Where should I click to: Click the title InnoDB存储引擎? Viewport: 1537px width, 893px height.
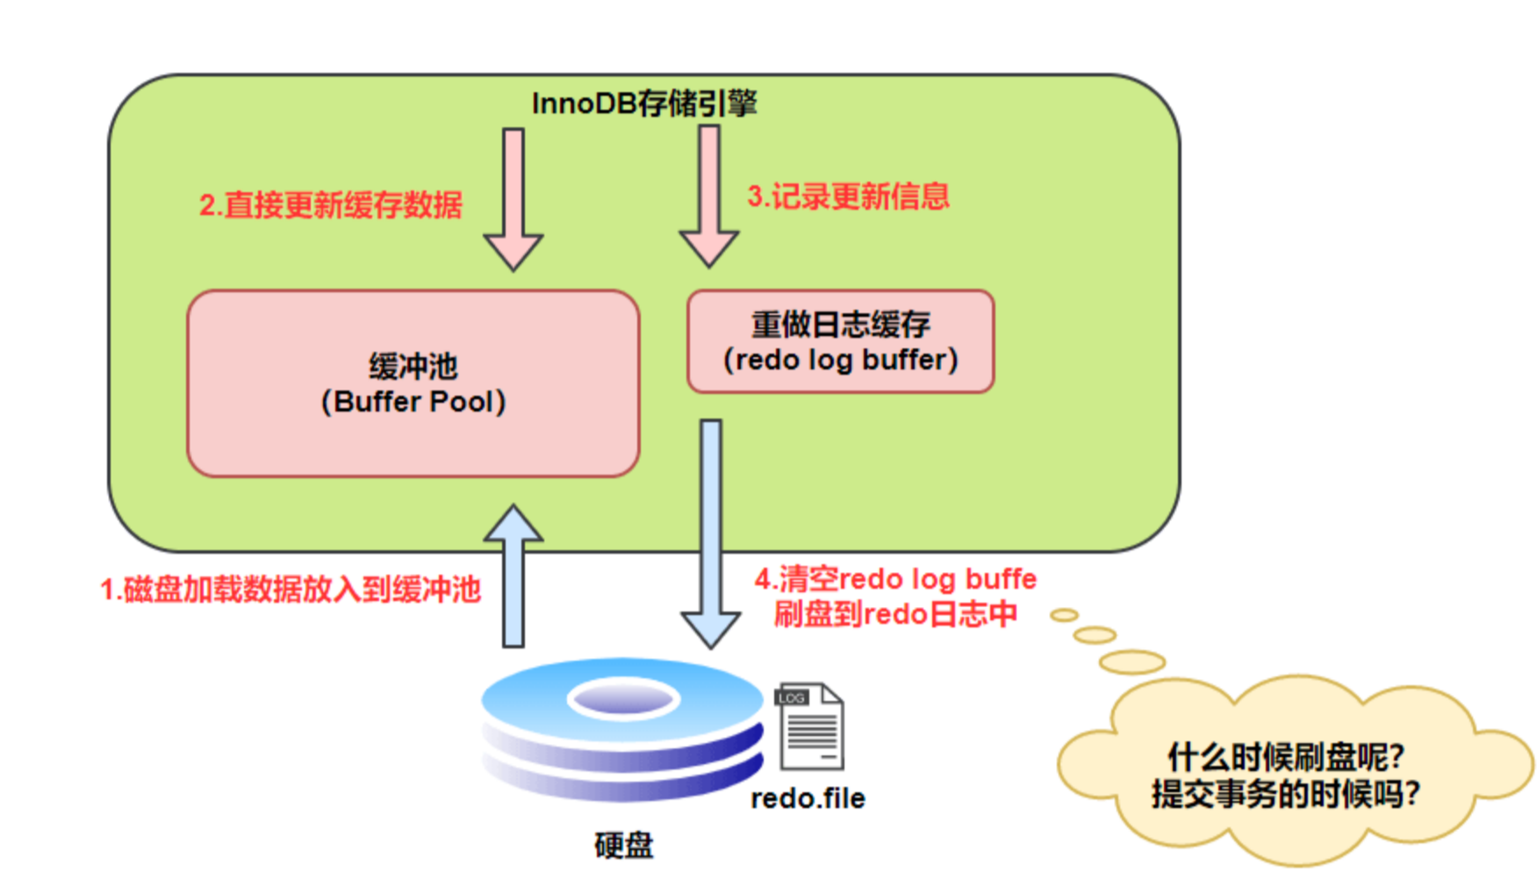point(644,104)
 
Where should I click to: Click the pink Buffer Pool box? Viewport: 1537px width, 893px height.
point(413,383)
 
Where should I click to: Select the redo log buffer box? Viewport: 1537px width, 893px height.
point(840,341)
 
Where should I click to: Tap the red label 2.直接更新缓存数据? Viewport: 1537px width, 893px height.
point(331,205)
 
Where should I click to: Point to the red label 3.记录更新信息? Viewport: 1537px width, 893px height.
point(848,196)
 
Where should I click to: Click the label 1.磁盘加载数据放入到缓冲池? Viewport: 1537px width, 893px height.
point(291,589)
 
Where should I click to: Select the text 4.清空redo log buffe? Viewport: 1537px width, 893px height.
point(895,579)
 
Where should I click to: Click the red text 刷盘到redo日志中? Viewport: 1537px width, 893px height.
point(895,614)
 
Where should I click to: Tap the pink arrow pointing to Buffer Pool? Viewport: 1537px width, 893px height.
point(514,200)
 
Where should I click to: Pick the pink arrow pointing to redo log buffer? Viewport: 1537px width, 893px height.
point(709,196)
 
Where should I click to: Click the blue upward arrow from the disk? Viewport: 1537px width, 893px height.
point(514,575)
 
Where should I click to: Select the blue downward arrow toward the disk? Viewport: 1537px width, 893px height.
point(711,534)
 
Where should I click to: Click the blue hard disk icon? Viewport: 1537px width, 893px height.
point(622,730)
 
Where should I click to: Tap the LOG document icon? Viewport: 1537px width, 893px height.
point(809,726)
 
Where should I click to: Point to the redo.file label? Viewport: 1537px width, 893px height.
point(808,798)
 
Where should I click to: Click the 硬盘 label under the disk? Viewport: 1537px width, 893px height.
point(623,846)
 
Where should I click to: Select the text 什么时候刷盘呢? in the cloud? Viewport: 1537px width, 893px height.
point(1285,757)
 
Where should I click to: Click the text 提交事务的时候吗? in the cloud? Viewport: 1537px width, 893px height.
point(1285,794)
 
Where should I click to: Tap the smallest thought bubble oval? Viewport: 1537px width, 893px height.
point(1065,616)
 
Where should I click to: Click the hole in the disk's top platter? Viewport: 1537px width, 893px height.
point(623,699)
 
